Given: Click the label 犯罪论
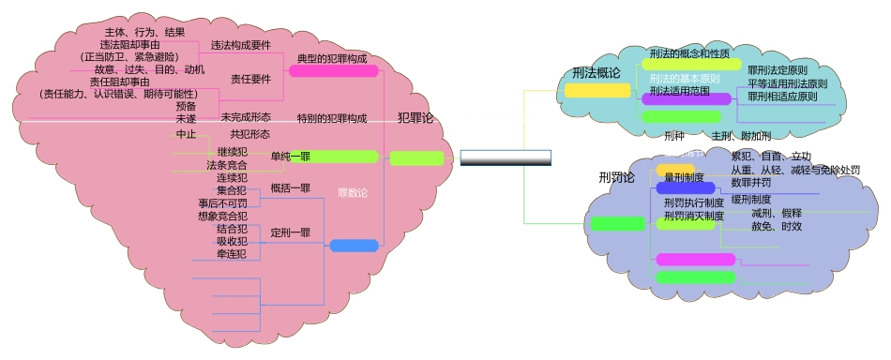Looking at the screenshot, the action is coord(415,118).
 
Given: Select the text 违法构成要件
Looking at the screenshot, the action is coord(241,45).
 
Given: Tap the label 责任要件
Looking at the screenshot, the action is coord(250,80).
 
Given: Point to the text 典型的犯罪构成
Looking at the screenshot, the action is coord(332,59).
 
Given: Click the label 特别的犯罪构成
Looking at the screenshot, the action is coord(332,119).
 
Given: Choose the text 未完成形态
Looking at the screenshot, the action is coord(246,118).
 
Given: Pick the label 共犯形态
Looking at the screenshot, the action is coord(250,135).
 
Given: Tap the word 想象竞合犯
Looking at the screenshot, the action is coord(222,217).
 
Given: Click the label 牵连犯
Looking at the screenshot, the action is coord(232,254).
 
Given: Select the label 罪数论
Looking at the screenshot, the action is coord(353,194).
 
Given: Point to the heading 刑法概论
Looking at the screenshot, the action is coord(597,73).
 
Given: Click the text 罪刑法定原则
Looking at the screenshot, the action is coord(778,70).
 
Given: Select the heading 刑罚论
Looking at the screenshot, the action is coord(616,177).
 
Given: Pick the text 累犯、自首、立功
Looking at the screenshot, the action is coord(771,157).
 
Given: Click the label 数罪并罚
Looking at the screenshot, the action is coord(750,182).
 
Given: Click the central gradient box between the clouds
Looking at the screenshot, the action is coord(506,157).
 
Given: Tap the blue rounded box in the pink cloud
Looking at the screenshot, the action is coord(354,246).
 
